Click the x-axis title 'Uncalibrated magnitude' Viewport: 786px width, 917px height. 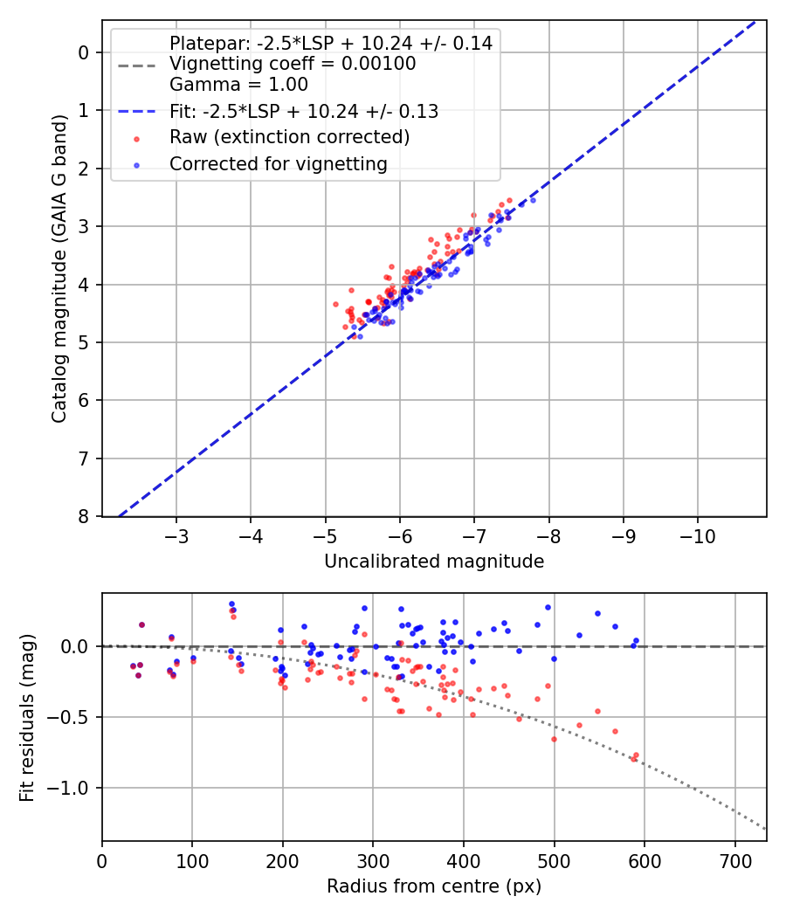(434, 562)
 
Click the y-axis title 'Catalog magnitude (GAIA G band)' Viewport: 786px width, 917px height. (59, 284)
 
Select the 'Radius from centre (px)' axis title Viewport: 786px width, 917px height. (434, 886)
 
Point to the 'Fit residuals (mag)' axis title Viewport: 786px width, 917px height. (27, 718)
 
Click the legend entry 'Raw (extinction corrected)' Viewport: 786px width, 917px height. (289, 137)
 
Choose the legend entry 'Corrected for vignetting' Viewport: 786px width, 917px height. (278, 163)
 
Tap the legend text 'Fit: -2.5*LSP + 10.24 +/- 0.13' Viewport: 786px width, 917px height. (303, 111)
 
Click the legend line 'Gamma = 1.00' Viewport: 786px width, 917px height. (238, 85)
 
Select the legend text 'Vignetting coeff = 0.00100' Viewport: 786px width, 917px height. (293, 64)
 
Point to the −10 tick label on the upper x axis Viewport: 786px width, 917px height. (697, 534)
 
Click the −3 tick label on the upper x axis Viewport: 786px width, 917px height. (177, 534)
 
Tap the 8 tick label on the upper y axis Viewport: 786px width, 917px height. (84, 516)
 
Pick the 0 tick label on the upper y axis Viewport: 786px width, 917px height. (84, 52)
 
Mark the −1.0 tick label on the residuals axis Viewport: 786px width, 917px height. (73, 788)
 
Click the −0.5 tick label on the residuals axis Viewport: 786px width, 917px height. (73, 717)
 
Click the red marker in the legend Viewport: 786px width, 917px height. (136, 138)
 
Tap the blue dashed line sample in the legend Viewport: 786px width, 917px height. (136, 112)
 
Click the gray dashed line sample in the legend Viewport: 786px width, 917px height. (136, 65)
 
